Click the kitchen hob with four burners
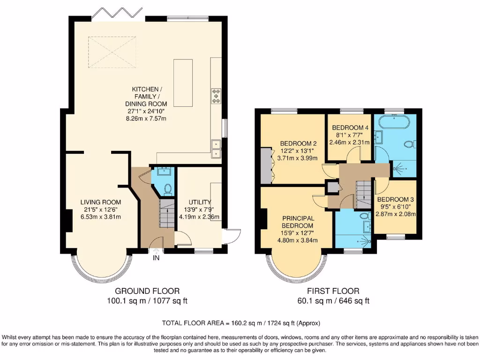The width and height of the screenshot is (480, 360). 217,96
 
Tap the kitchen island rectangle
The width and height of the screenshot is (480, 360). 183,82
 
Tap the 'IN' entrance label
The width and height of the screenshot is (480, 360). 156,257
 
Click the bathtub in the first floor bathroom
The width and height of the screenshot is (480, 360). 394,123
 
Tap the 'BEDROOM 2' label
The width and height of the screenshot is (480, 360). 299,143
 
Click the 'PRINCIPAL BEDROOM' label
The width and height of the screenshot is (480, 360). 298,222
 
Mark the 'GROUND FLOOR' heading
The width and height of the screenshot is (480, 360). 147,291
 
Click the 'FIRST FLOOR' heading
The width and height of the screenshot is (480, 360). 333,291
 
